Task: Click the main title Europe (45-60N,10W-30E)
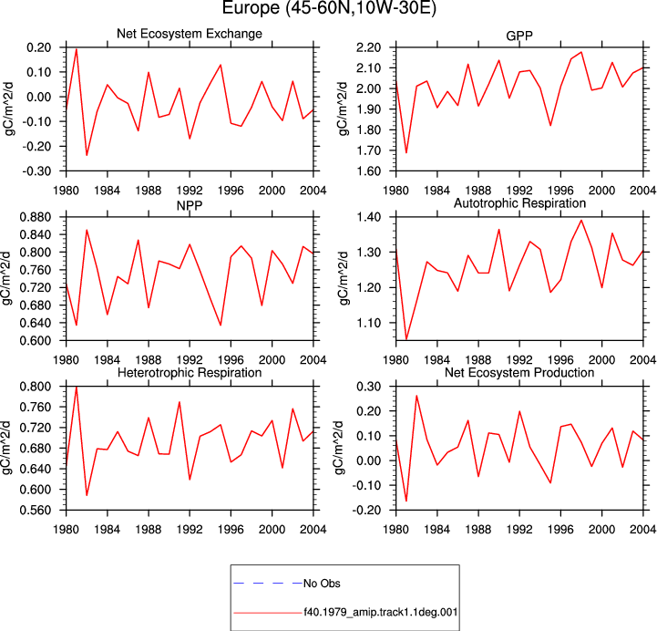coord(329,7)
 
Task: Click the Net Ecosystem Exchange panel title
coord(190,34)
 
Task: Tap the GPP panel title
coord(519,36)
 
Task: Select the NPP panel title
coord(190,205)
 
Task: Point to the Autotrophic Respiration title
coord(519,203)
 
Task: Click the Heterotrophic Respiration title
coord(190,373)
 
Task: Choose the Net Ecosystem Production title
coord(519,373)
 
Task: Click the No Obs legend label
coord(322,584)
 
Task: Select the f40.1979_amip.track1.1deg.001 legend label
coord(381,612)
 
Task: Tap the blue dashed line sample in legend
coord(268,584)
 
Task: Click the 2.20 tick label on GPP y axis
coord(369,47)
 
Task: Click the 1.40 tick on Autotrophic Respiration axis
coord(369,217)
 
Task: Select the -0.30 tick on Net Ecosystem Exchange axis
coord(36,171)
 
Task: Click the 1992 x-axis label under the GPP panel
coord(519,191)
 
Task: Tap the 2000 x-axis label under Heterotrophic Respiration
coord(272,530)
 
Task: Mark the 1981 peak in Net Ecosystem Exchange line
coord(77,49)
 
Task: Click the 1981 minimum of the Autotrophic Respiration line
coord(406,339)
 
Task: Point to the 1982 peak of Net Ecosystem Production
coord(416,396)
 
